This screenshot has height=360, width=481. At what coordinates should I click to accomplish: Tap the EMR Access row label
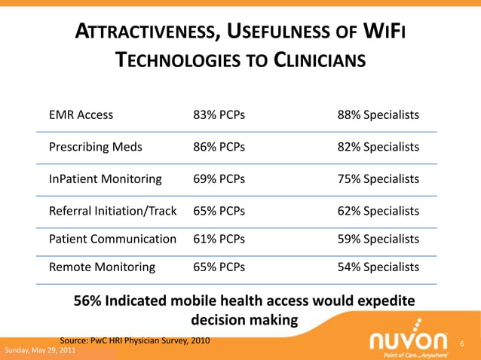pyautogui.click(x=81, y=115)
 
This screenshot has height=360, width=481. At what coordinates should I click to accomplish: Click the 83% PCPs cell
pyautogui.click(x=219, y=115)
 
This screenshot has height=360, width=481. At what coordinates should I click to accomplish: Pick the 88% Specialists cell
pyautogui.click(x=378, y=115)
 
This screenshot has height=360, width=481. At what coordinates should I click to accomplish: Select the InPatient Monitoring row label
pyautogui.click(x=105, y=179)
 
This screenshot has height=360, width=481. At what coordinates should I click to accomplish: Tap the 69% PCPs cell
pyautogui.click(x=219, y=179)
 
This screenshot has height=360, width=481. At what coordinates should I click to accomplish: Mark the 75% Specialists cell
pyautogui.click(x=378, y=179)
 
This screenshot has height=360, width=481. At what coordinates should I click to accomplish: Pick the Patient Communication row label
pyautogui.click(x=112, y=239)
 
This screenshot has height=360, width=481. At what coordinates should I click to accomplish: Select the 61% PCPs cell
pyautogui.click(x=219, y=239)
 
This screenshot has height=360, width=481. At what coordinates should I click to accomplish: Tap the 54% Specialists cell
pyautogui.click(x=378, y=267)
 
